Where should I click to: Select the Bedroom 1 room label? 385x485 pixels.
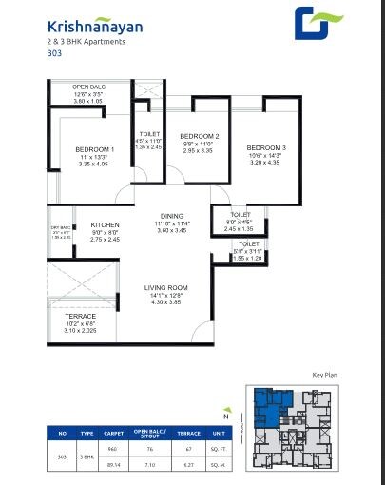tap(95, 149)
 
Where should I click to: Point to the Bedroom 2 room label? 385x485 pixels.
tap(200, 135)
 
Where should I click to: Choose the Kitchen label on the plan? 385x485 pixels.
tap(105, 224)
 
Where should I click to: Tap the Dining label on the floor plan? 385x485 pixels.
tap(173, 216)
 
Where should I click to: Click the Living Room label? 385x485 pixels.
tap(165, 287)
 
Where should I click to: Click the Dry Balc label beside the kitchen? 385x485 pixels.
tap(61, 226)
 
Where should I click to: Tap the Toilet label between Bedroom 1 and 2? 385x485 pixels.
tap(149, 135)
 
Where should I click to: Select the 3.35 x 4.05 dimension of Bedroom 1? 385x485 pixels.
tap(95, 164)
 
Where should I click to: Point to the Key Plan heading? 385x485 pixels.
tap(325, 377)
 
